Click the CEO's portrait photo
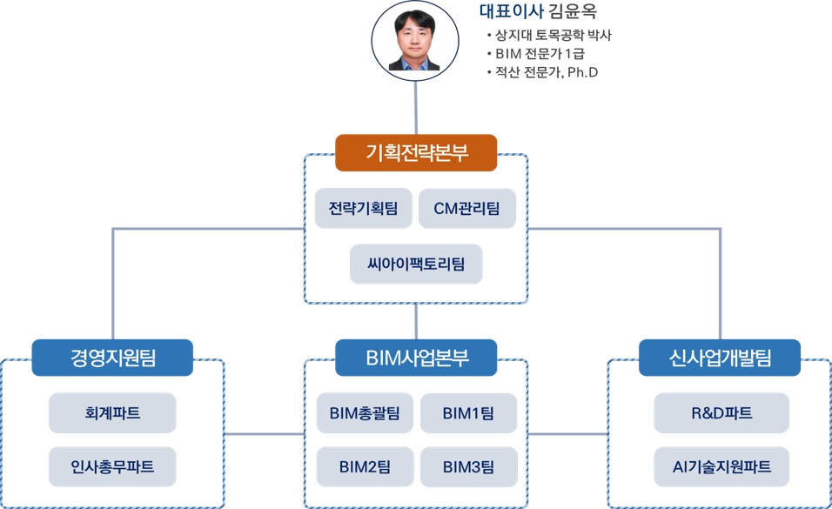tap(414, 40)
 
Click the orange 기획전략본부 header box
tap(416, 153)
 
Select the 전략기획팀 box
tap(364, 209)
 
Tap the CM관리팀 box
tap(467, 209)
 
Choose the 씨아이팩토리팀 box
tap(416, 264)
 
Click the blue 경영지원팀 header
tap(112, 358)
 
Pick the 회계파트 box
tap(112, 413)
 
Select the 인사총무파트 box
tap(112, 466)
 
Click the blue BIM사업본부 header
tap(416, 358)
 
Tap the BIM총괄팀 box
tap(365, 413)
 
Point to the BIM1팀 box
tap(468, 413)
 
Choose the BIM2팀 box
tap(365, 467)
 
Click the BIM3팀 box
tap(468, 467)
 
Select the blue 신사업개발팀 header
tap(721, 358)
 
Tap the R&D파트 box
tap(721, 413)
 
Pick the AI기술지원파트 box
tap(721, 466)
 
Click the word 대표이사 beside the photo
tap(511, 12)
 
